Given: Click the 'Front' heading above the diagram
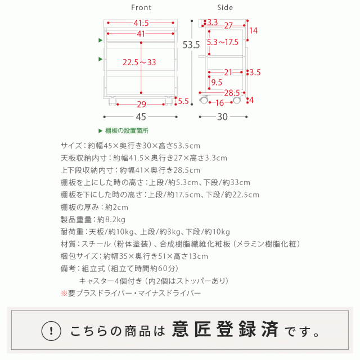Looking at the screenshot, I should (x=141, y=8).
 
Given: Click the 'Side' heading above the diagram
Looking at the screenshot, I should (x=224, y=8).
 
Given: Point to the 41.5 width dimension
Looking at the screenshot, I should (x=141, y=23).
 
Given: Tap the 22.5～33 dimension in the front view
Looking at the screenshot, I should (x=139, y=62).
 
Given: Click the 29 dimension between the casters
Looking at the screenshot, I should (x=141, y=104).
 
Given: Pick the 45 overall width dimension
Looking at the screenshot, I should (x=141, y=117).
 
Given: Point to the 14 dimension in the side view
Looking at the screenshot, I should (x=253, y=31).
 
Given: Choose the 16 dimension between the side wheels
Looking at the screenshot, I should (x=220, y=103).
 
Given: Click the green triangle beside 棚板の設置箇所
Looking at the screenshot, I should (x=101, y=130).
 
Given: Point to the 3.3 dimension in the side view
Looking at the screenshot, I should (x=212, y=22).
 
